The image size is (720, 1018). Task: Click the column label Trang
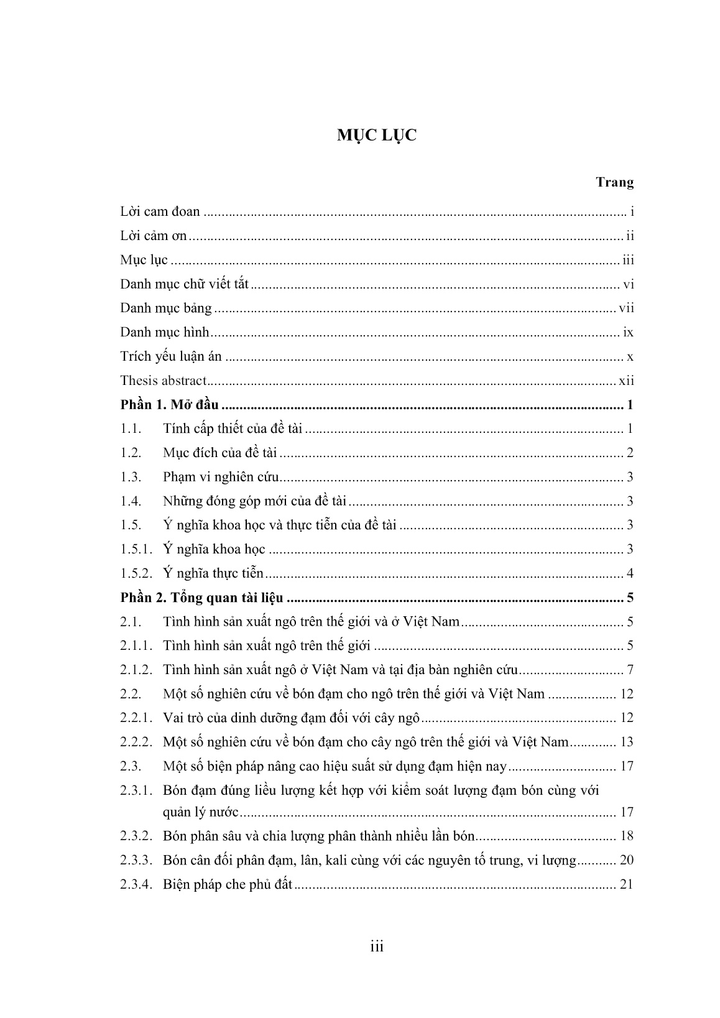tap(614, 182)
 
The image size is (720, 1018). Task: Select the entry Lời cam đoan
tap(160, 211)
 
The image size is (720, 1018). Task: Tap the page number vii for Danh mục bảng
tap(626, 308)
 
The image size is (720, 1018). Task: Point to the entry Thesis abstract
tap(163, 381)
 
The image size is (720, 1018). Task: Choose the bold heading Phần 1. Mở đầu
tap(169, 405)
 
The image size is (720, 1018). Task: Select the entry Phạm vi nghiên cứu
tap(221, 477)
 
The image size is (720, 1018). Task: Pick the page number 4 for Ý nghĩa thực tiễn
tap(630, 573)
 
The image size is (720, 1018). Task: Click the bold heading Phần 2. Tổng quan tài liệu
tap(201, 598)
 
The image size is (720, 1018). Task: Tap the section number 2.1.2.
tap(136, 670)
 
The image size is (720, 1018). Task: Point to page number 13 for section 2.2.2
tap(626, 742)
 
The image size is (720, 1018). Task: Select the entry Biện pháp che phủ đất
tap(227, 884)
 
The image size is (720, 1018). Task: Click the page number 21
tap(626, 884)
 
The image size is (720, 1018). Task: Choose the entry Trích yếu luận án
tap(171, 357)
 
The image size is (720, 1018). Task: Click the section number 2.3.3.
tap(136, 861)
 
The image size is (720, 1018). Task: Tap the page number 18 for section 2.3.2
tap(626, 836)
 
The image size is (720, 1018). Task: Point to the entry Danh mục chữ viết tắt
tap(184, 284)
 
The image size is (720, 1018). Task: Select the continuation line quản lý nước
tap(201, 812)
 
